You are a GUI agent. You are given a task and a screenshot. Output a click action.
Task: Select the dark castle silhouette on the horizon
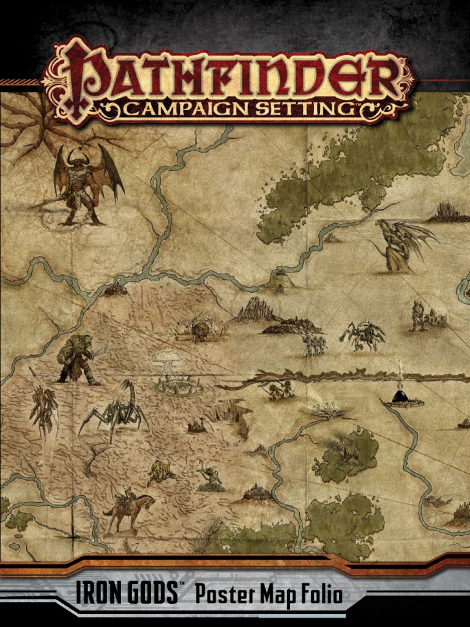pyautogui.click(x=450, y=212)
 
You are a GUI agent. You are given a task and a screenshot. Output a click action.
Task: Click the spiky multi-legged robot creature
pyautogui.click(x=363, y=336)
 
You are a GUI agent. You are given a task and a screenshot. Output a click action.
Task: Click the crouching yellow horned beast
pyautogui.click(x=160, y=472)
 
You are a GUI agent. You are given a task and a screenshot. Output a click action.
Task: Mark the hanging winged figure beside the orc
pyautogui.click(x=43, y=407)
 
